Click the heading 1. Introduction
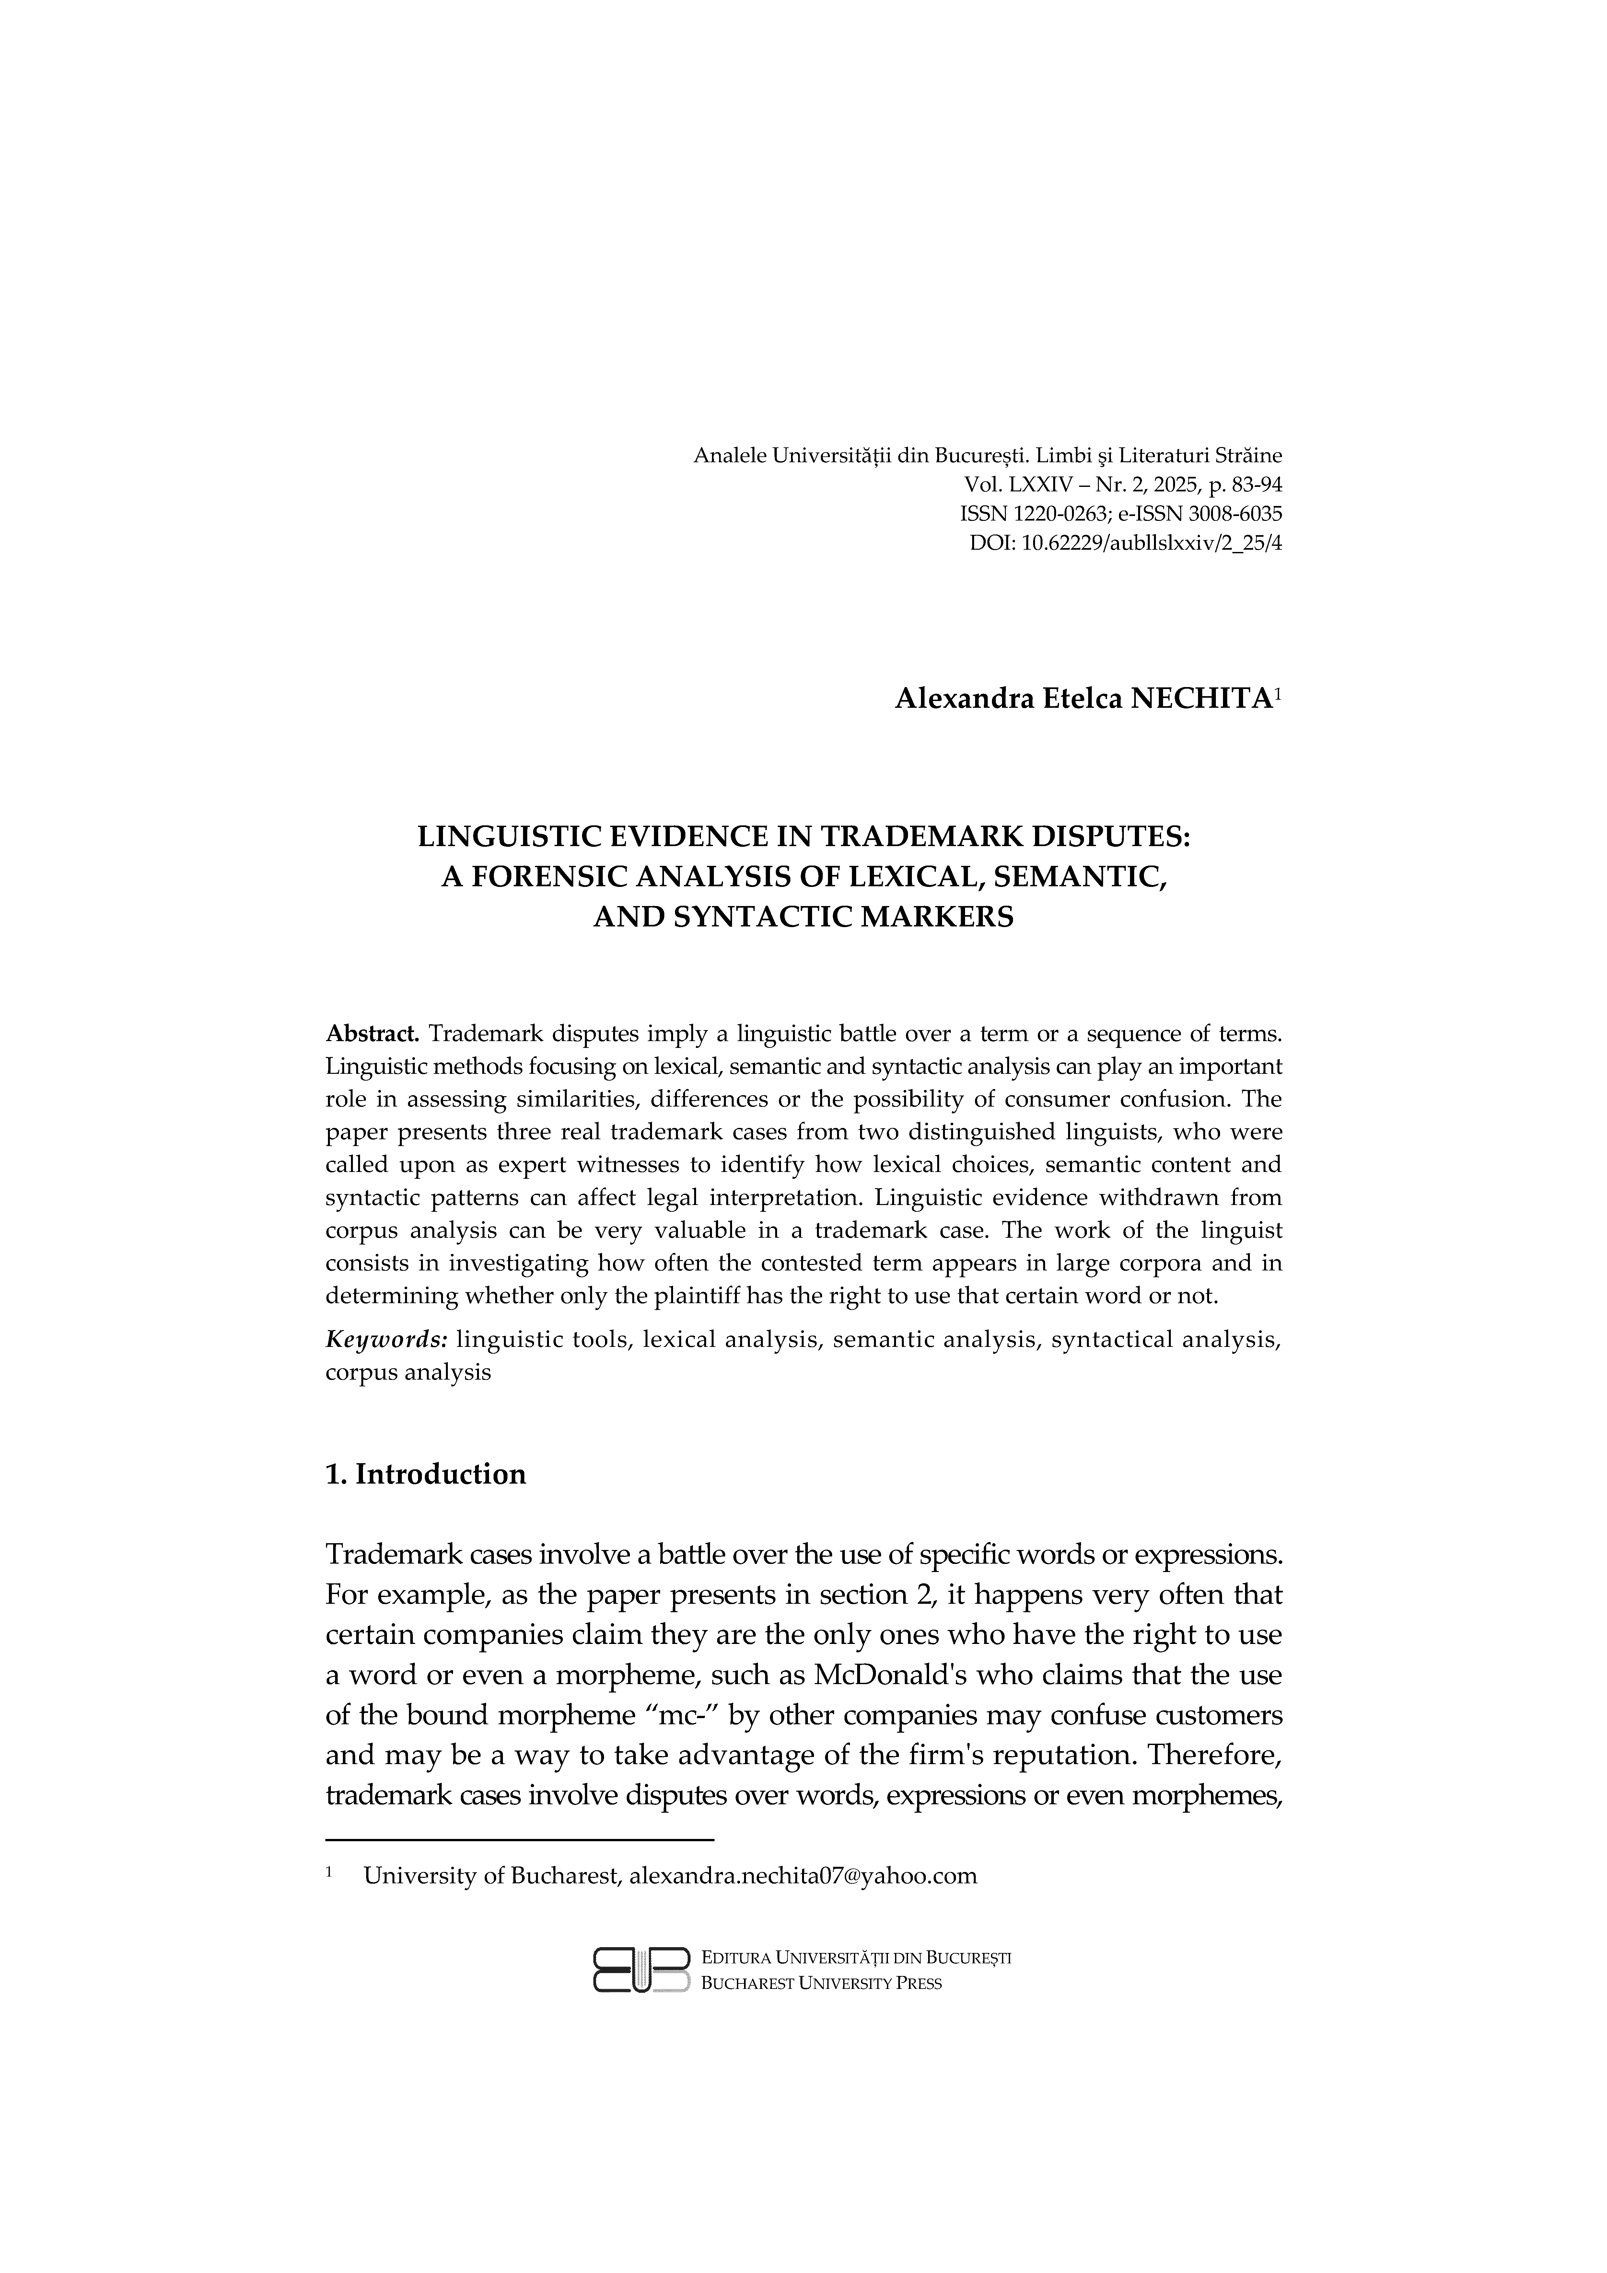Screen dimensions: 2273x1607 [426, 1474]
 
